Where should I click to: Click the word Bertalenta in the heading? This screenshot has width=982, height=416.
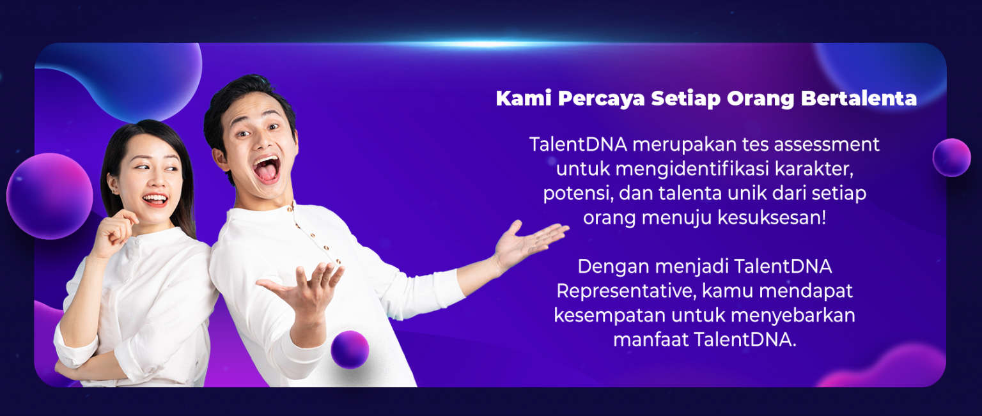[859, 98]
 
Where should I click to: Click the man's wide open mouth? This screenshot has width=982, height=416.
[267, 169]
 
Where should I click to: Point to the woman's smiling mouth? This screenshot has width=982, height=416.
[155, 199]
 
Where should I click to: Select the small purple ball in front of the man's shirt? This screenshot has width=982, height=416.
[350, 350]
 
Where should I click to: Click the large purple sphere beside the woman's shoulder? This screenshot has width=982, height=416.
[49, 196]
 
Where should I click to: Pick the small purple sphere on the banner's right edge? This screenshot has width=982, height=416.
[951, 157]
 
